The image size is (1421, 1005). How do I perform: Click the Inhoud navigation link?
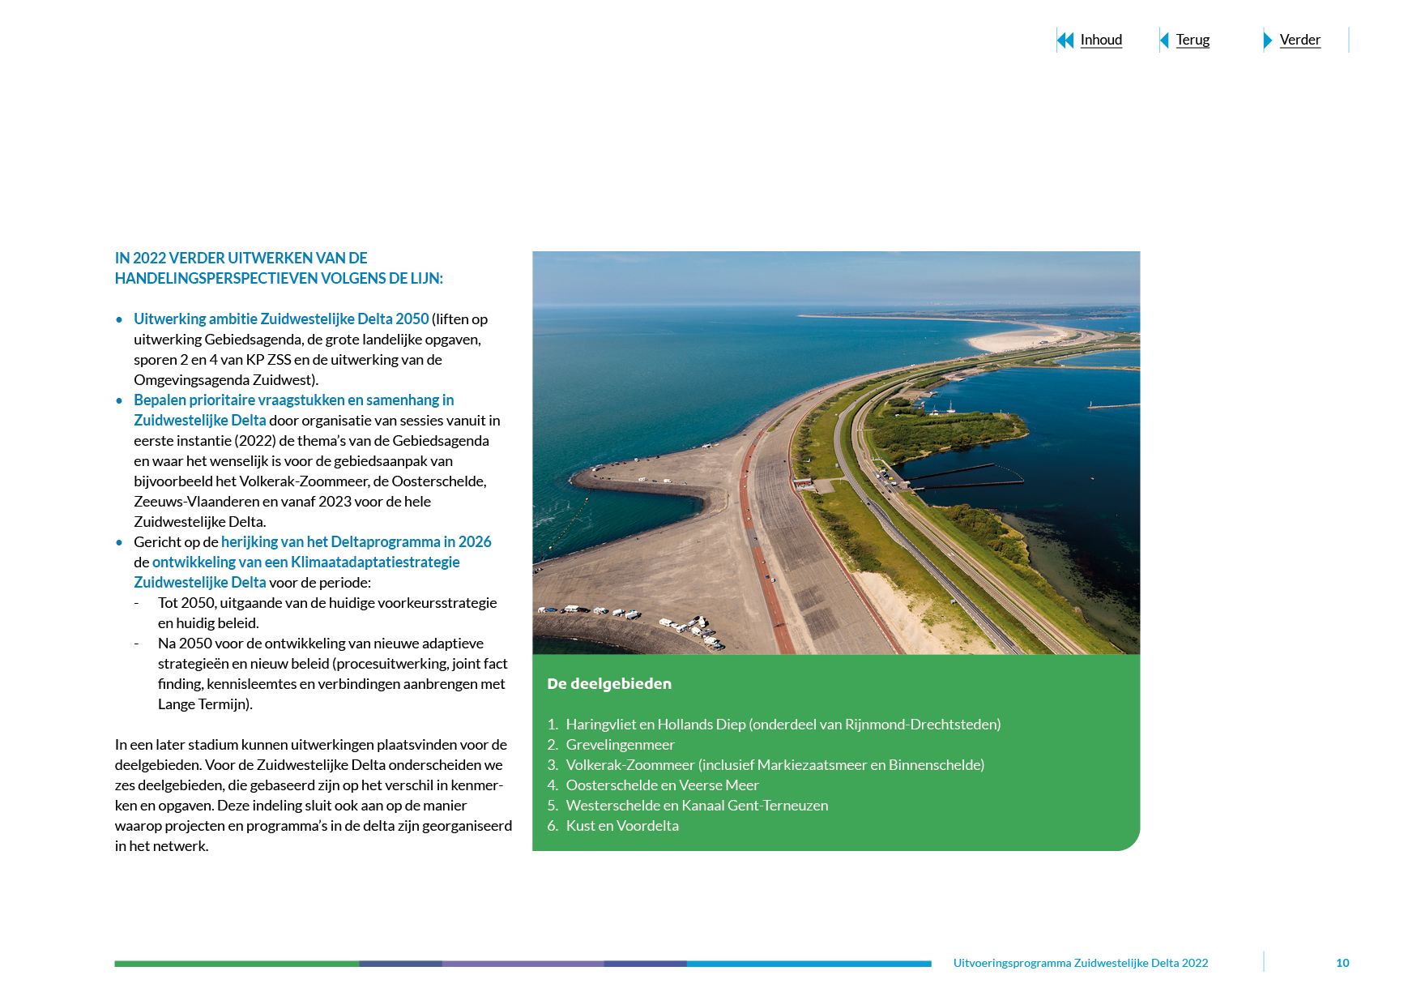coord(1100,40)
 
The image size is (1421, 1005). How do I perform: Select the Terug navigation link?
coord(1192,40)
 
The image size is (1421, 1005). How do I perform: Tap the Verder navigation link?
coord(1299,40)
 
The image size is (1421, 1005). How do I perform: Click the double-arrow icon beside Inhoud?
coord(1065,40)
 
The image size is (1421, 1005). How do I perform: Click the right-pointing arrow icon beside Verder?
coord(1268,40)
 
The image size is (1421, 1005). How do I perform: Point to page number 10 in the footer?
coord(1342,963)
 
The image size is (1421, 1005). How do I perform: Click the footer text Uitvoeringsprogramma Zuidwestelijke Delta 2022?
coord(1080,963)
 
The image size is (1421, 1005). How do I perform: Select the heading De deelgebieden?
coord(609,683)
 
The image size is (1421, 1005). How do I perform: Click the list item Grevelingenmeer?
coord(620,744)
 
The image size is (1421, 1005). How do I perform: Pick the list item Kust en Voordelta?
coord(622,825)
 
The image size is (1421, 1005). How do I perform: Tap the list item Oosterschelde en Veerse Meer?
coord(662,785)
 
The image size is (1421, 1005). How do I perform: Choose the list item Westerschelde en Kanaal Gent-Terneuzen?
coord(697,805)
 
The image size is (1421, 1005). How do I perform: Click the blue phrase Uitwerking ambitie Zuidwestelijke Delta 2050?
coord(281,319)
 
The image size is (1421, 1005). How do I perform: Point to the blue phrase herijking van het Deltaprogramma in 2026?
coord(356,541)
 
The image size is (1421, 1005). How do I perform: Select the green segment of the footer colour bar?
coord(237,964)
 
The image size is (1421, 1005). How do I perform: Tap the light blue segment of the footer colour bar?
coord(809,964)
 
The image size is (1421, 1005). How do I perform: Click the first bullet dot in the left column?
coord(119,319)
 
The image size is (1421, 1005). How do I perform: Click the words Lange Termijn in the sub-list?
coord(203,703)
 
